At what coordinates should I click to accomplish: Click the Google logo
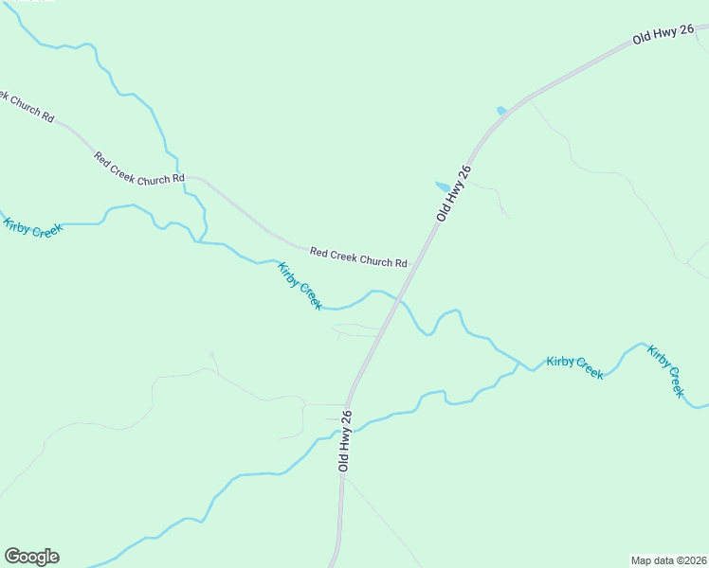(x=31, y=557)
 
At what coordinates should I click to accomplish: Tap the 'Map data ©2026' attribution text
(x=668, y=559)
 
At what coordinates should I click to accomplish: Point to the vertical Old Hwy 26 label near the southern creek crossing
(x=345, y=442)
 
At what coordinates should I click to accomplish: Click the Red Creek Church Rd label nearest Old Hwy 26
(x=358, y=257)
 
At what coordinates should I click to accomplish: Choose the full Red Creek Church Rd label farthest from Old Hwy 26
(x=138, y=168)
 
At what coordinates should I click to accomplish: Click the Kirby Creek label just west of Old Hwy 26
(x=300, y=286)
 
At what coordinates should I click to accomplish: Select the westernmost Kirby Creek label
(x=33, y=228)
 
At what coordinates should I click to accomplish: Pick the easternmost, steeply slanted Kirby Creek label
(x=665, y=371)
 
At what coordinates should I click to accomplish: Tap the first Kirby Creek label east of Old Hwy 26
(x=574, y=367)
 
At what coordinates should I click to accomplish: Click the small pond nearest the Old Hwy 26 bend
(x=501, y=111)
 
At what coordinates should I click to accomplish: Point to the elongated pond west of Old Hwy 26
(x=443, y=186)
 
